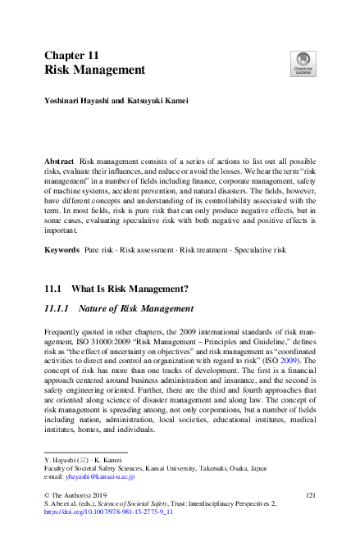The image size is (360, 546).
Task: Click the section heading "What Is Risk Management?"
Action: (x=130, y=289)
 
